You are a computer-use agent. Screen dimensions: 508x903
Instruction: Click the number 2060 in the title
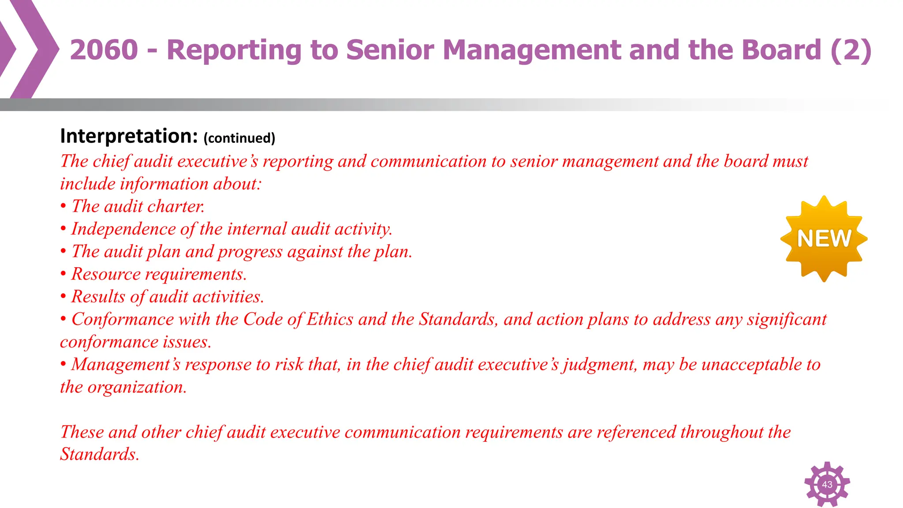(x=104, y=49)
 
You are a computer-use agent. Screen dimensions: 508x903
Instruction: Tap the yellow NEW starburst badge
(x=824, y=239)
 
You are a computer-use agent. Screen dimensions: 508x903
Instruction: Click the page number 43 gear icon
(x=827, y=484)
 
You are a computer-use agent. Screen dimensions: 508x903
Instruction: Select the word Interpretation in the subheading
(x=129, y=136)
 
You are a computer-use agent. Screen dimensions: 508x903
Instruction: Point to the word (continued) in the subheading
(x=239, y=138)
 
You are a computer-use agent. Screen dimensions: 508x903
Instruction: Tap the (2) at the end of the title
(x=851, y=49)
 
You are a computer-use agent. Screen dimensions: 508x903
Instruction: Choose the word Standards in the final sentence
(x=99, y=454)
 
